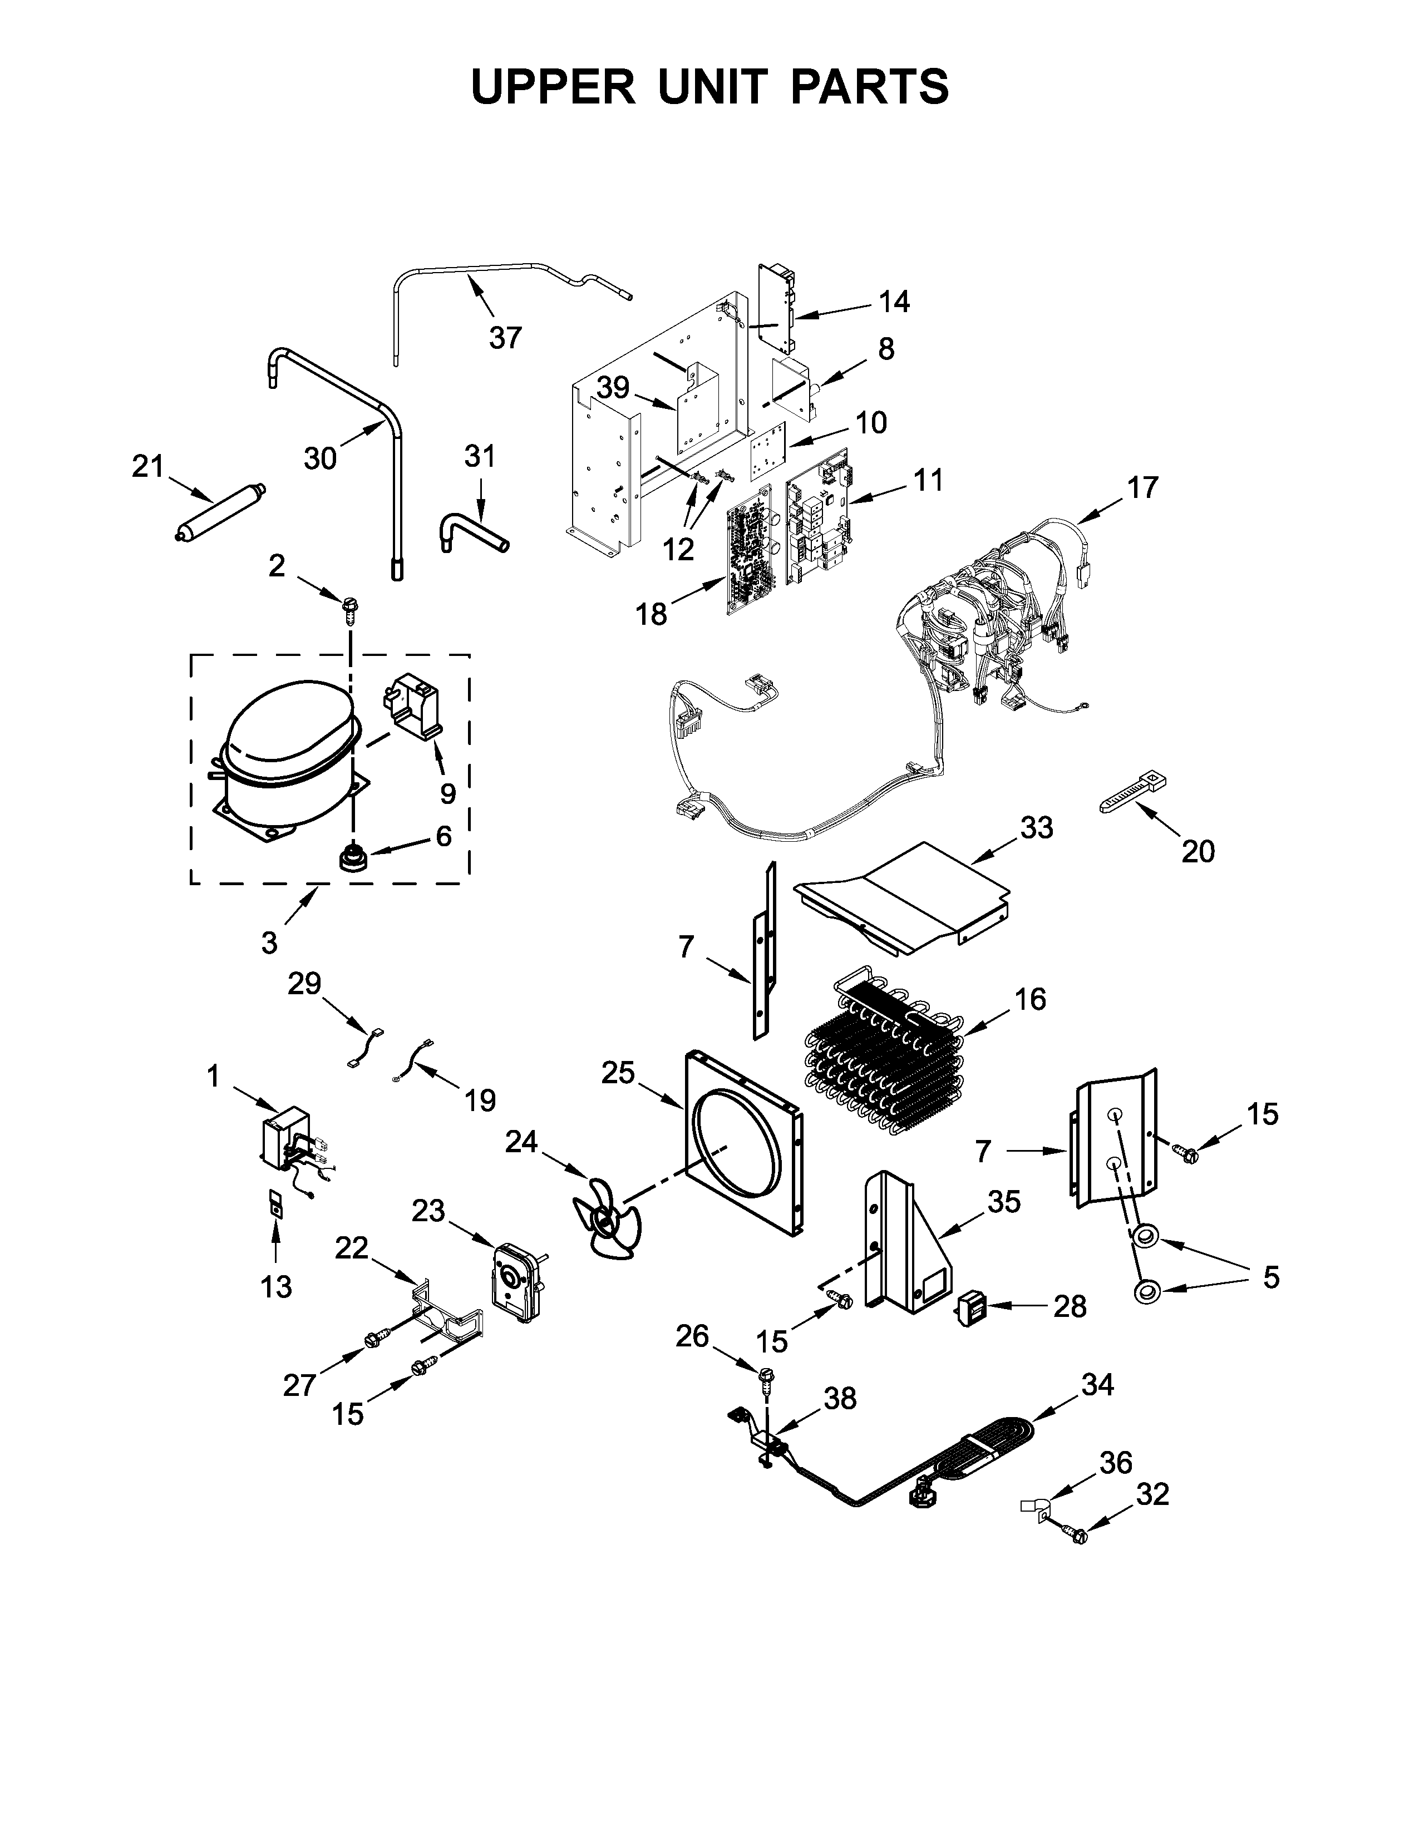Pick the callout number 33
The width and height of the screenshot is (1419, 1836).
[1036, 827]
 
